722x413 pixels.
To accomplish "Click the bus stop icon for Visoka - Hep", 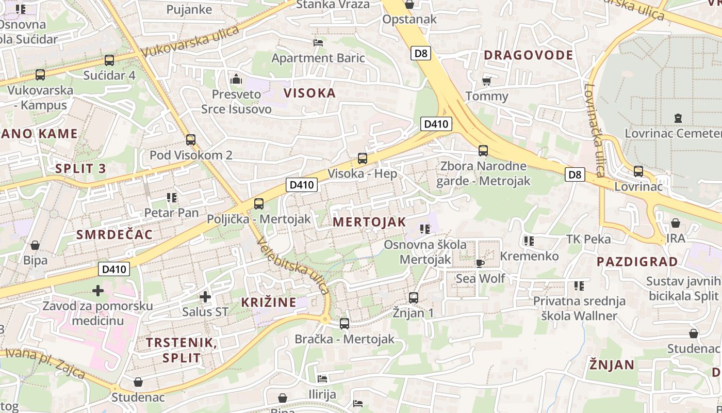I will coord(363,158).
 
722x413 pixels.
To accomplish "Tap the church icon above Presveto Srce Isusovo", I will coord(236,79).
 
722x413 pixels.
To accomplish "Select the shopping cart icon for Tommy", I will coord(486,81).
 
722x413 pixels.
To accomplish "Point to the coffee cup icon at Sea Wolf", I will coord(480,263).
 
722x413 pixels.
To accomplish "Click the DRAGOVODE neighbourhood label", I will coord(528,55).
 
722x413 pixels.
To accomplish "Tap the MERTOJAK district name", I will coord(369,222).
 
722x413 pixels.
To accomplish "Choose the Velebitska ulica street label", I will coord(292,265).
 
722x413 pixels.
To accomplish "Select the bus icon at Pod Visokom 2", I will coord(191,139).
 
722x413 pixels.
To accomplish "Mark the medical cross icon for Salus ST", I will coord(205,297).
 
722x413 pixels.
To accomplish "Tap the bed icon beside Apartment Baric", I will coord(318,43).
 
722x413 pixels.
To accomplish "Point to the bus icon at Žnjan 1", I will coord(413,298).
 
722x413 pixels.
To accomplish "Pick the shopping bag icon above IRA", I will coord(675,223).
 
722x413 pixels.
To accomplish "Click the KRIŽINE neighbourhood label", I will coord(269,303).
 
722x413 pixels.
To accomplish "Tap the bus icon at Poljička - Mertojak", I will coord(259,204).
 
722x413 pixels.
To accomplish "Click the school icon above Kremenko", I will coord(529,241).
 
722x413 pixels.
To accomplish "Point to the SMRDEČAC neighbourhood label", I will coord(114,235).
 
